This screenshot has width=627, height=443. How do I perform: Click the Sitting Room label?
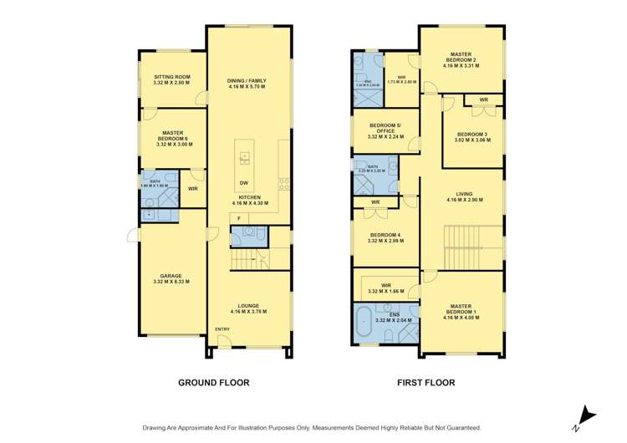coord(172,80)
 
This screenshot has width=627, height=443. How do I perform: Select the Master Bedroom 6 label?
coord(172,139)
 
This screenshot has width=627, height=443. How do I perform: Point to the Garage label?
coord(171,278)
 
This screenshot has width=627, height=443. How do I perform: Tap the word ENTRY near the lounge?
coord(222,328)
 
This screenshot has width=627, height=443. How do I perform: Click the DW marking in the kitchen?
coord(243,183)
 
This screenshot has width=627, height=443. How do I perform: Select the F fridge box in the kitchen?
coord(239,218)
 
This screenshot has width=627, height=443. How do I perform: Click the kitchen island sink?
coord(245,156)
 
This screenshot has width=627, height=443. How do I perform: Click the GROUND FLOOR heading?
coord(214,382)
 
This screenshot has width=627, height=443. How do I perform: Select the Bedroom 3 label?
coord(472,137)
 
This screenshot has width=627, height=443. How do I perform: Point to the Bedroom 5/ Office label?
coord(385,132)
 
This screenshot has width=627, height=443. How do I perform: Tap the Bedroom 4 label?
coord(385,237)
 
